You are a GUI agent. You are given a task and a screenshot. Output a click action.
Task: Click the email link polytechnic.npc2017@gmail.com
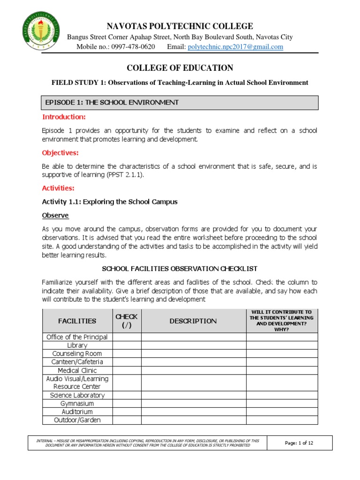[235, 47]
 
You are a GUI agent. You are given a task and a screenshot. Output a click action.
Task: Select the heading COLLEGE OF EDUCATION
[180, 67]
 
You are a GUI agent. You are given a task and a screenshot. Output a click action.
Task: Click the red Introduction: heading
[64, 117]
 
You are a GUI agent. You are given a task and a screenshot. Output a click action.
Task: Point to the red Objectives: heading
[60, 153]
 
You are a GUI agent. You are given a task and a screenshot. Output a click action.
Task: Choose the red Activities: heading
[58, 188]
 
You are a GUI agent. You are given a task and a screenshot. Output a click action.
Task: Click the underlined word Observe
[55, 215]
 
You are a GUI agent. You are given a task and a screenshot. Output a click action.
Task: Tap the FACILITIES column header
[77, 321]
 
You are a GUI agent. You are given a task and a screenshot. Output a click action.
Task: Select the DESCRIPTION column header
[193, 321]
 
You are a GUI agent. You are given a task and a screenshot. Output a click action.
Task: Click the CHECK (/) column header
[127, 321]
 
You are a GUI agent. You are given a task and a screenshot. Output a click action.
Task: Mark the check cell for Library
[127, 345]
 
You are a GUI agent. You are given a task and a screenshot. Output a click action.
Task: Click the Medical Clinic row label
[77, 370]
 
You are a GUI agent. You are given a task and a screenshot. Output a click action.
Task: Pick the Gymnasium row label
[77, 404]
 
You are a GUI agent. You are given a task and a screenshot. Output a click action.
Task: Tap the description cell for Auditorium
[193, 412]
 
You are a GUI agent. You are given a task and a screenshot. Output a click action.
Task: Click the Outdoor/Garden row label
[77, 420]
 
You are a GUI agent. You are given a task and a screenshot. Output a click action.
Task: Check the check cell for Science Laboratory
[127, 395]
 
